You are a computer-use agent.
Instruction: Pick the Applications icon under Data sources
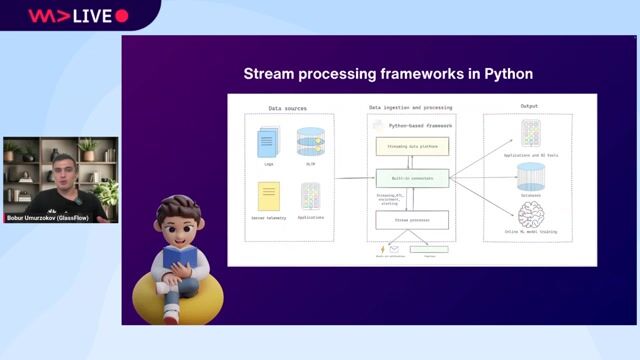(x=311, y=195)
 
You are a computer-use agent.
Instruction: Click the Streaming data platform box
(x=412, y=146)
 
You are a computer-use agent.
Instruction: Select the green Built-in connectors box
(x=412, y=179)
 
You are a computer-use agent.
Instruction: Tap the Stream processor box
(x=412, y=219)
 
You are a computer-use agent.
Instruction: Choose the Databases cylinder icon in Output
(x=531, y=176)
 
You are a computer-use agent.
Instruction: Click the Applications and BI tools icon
(x=531, y=132)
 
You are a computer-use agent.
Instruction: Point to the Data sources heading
(x=288, y=108)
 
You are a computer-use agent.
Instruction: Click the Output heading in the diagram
(x=530, y=106)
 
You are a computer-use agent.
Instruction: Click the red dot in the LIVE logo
(x=122, y=16)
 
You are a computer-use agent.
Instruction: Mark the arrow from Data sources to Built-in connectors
(x=353, y=179)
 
